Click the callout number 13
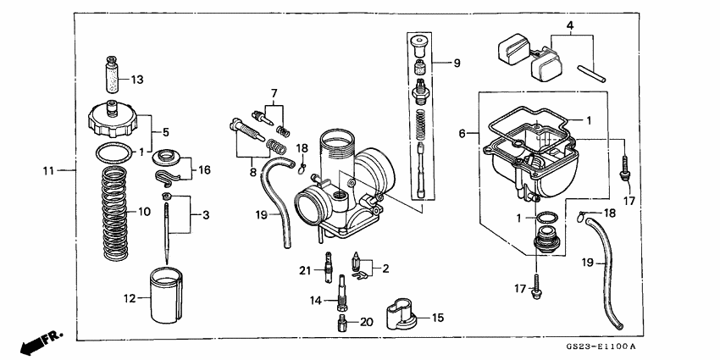(137, 80)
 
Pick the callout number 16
(205, 170)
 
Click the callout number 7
(274, 91)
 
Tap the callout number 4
(570, 26)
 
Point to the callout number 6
(462, 133)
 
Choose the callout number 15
(437, 318)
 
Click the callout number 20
(367, 322)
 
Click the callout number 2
(385, 269)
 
